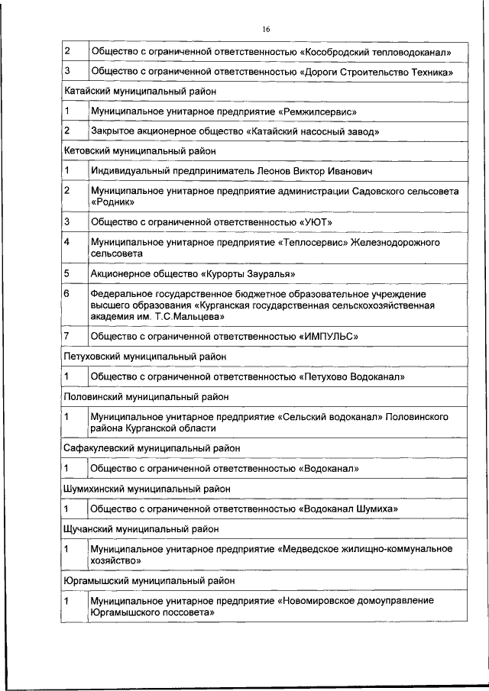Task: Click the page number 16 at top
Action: click(x=265, y=29)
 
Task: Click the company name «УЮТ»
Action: click(x=316, y=222)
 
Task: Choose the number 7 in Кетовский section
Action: click(x=67, y=335)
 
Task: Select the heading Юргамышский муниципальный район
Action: click(x=149, y=580)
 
